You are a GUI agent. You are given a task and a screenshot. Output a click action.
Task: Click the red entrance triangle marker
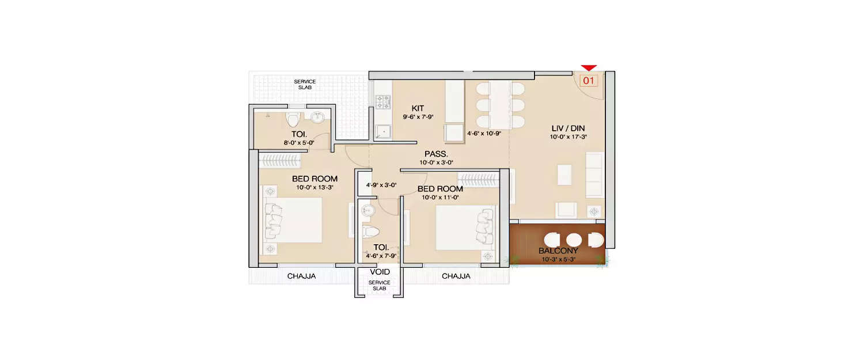click(589, 68)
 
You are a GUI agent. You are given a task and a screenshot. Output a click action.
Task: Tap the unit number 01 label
click(588, 81)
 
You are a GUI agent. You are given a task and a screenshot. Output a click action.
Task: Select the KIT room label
click(418, 108)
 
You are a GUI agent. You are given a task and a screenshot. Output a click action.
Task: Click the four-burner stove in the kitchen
click(383, 103)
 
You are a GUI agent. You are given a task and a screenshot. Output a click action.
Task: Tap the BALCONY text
click(558, 251)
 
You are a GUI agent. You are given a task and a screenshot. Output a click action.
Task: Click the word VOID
click(380, 271)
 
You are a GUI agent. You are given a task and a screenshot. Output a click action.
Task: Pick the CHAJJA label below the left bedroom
click(301, 276)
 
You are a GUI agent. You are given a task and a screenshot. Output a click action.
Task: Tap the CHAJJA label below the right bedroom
click(456, 276)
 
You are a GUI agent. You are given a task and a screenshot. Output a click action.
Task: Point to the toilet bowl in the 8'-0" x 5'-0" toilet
click(294, 119)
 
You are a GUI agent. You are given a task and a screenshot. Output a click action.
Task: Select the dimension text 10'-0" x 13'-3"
click(314, 187)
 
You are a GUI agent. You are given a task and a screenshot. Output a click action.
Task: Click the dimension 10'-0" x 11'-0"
click(441, 198)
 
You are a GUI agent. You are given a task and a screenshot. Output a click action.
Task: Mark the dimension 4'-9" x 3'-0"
click(381, 185)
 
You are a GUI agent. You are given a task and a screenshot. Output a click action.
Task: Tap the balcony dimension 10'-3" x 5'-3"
click(558, 259)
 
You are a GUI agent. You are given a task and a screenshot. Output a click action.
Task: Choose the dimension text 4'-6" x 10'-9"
click(484, 133)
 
